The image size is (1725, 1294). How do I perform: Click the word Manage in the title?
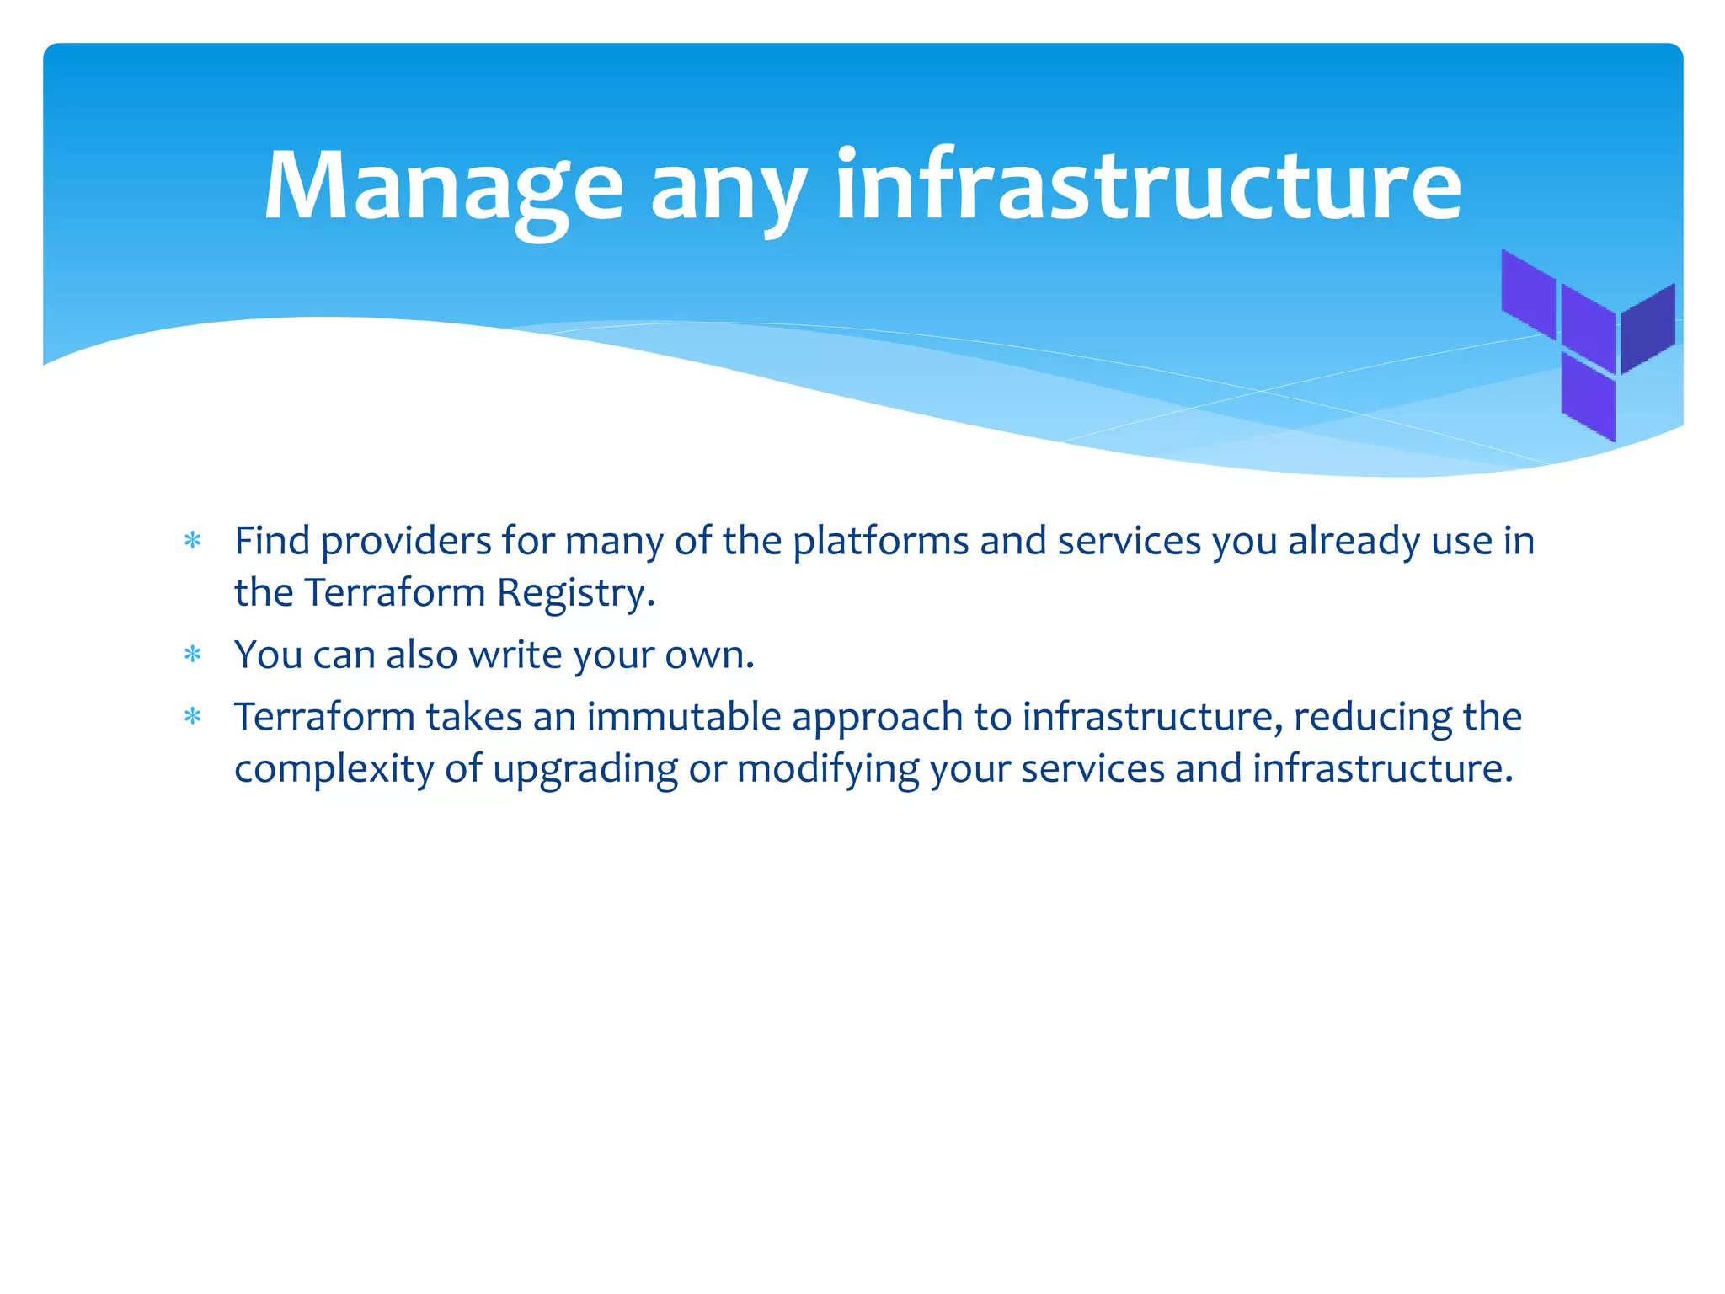click(444, 187)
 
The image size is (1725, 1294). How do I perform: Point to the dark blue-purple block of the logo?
click(1648, 329)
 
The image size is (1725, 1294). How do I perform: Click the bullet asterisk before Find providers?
click(193, 541)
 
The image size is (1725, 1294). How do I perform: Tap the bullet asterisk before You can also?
click(193, 655)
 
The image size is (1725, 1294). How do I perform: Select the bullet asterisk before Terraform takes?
click(193, 717)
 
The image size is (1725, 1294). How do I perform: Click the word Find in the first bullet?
click(272, 541)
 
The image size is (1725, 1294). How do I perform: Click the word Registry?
click(575, 594)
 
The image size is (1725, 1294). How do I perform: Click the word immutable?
click(684, 717)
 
